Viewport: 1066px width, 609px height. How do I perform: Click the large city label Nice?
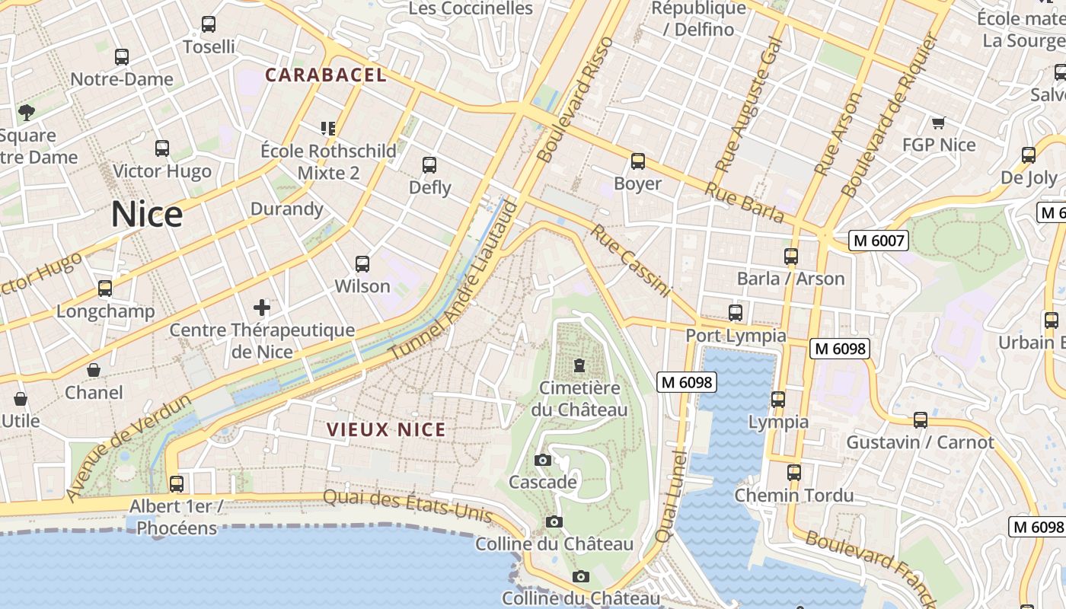pyautogui.click(x=147, y=214)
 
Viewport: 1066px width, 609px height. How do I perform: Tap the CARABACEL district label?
pyautogui.click(x=326, y=75)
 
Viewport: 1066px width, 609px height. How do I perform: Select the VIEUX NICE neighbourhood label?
pyautogui.click(x=386, y=429)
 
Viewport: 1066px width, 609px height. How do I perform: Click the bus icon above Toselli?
pyautogui.click(x=209, y=24)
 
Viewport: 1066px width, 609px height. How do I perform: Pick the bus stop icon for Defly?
pyautogui.click(x=429, y=165)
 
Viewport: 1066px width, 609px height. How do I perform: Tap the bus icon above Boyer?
pyautogui.click(x=638, y=161)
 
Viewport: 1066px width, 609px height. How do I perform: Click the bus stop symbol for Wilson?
pyautogui.click(x=362, y=264)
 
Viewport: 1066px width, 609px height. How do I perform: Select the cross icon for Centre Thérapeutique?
pyautogui.click(x=262, y=308)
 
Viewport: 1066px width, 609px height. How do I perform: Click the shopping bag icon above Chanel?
pyautogui.click(x=94, y=370)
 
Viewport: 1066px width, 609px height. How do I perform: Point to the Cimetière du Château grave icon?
pyautogui.click(x=580, y=365)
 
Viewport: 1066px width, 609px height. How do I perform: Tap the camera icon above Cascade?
pyautogui.click(x=543, y=460)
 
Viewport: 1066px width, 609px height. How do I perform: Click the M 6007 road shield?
pyautogui.click(x=879, y=241)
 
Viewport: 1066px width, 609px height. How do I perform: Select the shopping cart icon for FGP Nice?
pyautogui.click(x=938, y=123)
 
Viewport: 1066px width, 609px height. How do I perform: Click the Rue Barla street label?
pyautogui.click(x=744, y=202)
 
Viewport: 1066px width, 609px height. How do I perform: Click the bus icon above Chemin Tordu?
pyautogui.click(x=794, y=473)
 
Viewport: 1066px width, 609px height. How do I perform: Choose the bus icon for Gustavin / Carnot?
pyautogui.click(x=921, y=419)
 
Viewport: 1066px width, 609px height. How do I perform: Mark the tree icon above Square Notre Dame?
pyautogui.click(x=27, y=113)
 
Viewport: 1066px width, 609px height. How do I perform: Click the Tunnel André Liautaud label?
pyautogui.click(x=454, y=282)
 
